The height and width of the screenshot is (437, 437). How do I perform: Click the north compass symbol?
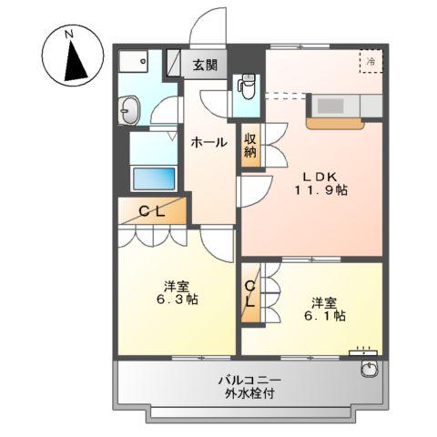70,56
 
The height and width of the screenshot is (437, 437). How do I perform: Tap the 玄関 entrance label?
204,65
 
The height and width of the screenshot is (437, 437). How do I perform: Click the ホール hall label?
208,141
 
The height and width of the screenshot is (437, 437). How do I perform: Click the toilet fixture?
245,88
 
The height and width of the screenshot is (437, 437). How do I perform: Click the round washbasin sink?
128,113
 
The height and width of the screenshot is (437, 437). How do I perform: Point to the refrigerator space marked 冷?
371,61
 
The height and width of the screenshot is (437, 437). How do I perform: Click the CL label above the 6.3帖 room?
150,212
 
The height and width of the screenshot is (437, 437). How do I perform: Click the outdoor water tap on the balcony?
368,369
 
